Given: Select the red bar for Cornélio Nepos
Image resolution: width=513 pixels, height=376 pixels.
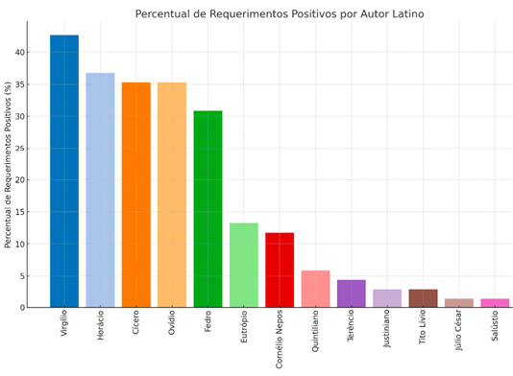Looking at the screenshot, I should [x=280, y=270].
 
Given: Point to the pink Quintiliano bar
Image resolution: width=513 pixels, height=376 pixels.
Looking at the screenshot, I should [x=315, y=289].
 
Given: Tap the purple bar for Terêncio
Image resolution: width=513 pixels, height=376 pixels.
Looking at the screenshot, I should [x=351, y=294].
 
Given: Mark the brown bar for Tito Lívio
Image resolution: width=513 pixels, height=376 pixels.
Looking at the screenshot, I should [x=423, y=298].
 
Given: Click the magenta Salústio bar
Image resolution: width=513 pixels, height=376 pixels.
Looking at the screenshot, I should [x=495, y=303].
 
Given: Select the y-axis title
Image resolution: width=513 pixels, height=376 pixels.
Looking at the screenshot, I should [x=9, y=165].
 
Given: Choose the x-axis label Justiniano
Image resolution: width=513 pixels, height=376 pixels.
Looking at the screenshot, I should [x=387, y=332].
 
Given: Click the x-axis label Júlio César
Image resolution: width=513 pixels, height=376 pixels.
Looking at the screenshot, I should [x=459, y=335].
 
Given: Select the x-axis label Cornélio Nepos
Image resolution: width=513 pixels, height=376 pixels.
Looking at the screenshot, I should [x=280, y=340].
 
